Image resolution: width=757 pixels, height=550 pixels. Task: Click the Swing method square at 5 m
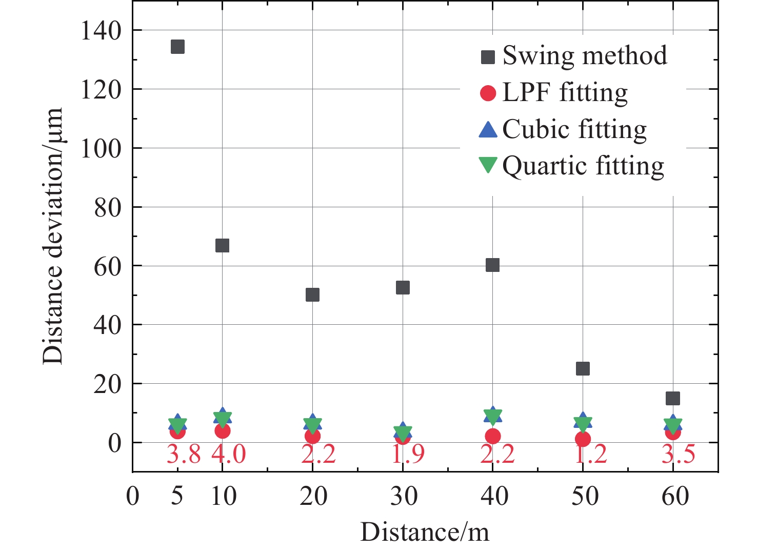coord(177,47)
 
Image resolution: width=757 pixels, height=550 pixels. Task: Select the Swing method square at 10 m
coord(222,245)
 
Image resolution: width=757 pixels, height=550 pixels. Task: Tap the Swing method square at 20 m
coord(312,294)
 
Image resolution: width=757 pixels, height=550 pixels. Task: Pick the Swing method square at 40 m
coord(492,265)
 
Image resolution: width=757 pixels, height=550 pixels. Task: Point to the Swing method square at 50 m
coord(583,368)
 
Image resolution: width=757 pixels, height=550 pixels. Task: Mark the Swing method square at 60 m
coord(672,398)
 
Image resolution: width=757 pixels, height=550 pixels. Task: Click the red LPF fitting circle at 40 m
coord(492,436)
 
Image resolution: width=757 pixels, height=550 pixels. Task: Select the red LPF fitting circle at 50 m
coord(583,439)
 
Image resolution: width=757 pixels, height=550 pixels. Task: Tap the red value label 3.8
coord(184,454)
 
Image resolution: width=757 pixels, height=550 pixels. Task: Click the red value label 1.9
coord(408,454)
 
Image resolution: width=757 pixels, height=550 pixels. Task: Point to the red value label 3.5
coord(678,454)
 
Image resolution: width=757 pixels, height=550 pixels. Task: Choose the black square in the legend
coord(488,56)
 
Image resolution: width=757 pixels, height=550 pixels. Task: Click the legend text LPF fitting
coord(565,93)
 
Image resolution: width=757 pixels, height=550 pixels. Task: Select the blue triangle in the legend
coord(488,129)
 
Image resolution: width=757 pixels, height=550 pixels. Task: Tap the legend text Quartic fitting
coord(583,166)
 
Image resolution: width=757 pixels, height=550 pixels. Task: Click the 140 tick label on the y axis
coord(101,31)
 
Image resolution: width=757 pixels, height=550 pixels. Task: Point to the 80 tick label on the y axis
coord(108,207)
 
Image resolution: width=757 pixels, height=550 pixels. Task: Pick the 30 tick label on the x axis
coord(404,496)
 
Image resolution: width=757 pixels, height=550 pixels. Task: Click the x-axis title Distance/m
coord(425,532)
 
